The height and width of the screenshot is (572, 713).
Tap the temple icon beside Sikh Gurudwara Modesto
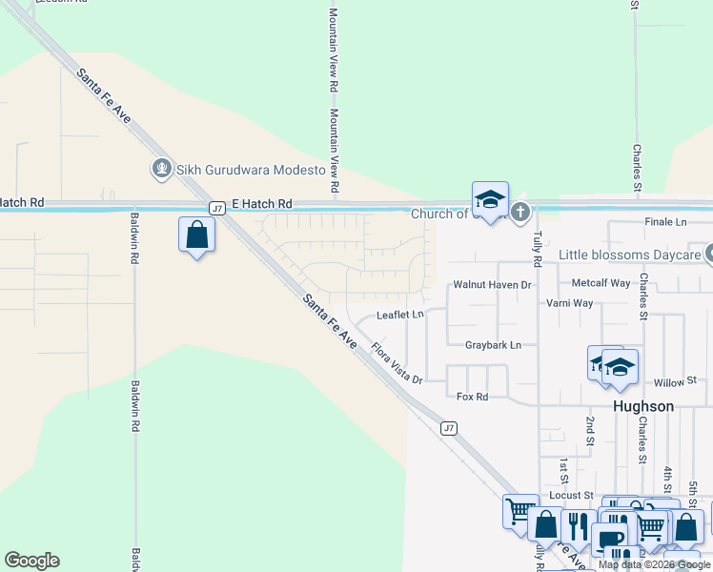click(161, 169)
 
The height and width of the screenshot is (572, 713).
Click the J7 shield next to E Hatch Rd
click(216, 207)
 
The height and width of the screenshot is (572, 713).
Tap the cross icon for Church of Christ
click(519, 213)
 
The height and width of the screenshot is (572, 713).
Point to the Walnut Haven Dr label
click(491, 284)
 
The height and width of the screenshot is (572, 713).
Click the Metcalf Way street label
click(601, 283)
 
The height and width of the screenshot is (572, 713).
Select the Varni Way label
click(569, 303)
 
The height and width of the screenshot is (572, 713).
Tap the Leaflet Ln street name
click(399, 315)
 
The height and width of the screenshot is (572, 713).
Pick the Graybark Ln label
click(493, 345)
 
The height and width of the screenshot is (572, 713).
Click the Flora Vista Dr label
click(397, 363)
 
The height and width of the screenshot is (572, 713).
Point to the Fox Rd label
click(472, 397)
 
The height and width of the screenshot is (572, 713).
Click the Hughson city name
click(642, 406)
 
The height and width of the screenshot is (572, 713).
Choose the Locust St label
click(571, 496)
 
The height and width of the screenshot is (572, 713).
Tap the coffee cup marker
click(610, 540)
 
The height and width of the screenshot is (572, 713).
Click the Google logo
click(31, 561)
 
